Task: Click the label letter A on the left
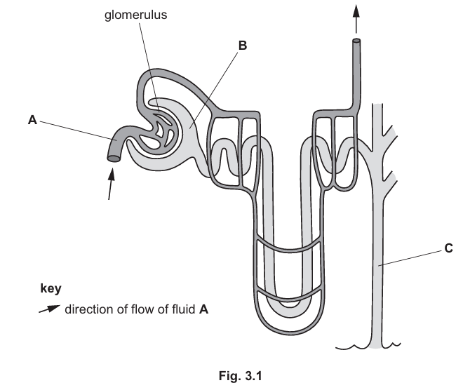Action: pyautogui.click(x=32, y=121)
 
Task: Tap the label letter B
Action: pyautogui.click(x=243, y=46)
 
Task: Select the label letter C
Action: pyautogui.click(x=448, y=247)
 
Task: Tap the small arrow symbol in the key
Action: pyautogui.click(x=50, y=309)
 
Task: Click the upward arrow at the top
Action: pyautogui.click(x=356, y=15)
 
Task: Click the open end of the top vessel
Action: pyautogui.click(x=356, y=43)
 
